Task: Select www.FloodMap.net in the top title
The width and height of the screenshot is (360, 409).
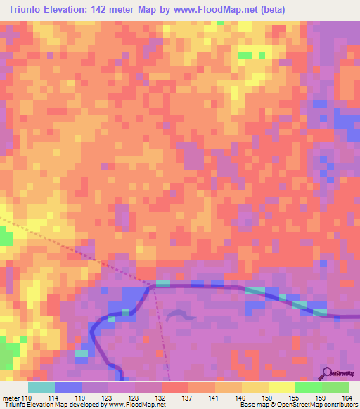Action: point(205,9)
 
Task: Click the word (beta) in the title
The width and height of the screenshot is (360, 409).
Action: point(268,9)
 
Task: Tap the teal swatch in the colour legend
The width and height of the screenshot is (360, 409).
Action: point(41,387)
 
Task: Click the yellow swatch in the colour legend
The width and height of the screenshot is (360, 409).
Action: point(281,387)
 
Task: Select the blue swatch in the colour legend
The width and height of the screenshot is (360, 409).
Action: point(67,387)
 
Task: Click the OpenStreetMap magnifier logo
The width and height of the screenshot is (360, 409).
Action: point(327,373)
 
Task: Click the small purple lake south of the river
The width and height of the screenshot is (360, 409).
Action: point(181,316)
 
